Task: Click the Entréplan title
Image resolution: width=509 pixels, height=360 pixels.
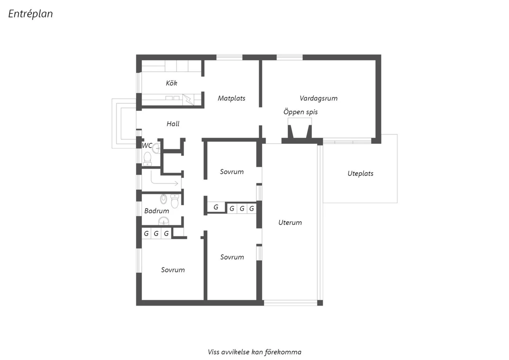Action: click(31, 14)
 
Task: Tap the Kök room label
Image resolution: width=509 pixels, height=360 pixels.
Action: click(171, 83)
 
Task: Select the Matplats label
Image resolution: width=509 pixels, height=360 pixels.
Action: click(231, 98)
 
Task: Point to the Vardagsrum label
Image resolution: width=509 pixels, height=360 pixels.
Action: click(318, 98)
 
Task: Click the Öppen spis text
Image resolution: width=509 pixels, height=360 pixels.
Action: click(300, 112)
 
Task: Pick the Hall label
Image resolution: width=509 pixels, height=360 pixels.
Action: click(173, 124)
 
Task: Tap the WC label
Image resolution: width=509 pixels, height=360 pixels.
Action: click(147, 146)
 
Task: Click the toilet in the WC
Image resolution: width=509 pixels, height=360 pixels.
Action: click(148, 159)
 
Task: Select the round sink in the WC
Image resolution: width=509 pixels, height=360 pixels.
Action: click(156, 148)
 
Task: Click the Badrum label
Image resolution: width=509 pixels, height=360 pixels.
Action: click(156, 211)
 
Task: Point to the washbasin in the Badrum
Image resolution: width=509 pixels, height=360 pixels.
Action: click(164, 221)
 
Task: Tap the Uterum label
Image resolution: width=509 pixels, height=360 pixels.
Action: click(290, 222)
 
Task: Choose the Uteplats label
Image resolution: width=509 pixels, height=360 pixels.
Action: click(360, 174)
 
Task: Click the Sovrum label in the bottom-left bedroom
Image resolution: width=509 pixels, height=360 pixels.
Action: click(173, 270)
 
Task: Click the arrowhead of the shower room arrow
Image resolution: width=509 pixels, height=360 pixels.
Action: click(176, 183)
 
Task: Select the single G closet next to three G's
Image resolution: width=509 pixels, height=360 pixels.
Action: click(216, 207)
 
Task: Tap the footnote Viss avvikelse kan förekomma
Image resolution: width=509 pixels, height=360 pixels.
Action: click(254, 352)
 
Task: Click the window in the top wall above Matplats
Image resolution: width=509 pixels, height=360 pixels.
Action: click(229, 57)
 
